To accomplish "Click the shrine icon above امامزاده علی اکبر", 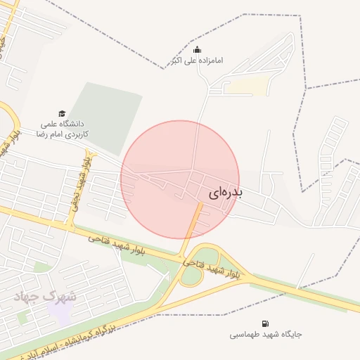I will pyautogui.click(x=197, y=49).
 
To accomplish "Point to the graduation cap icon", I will pyautogui.click(x=62, y=113).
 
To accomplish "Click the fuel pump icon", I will pyautogui.click(x=264, y=323).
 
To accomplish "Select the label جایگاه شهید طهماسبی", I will pyautogui.click(x=265, y=335).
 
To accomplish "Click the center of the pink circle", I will pyautogui.click(x=180, y=179).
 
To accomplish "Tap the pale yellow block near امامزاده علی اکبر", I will pyautogui.click(x=249, y=85).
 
